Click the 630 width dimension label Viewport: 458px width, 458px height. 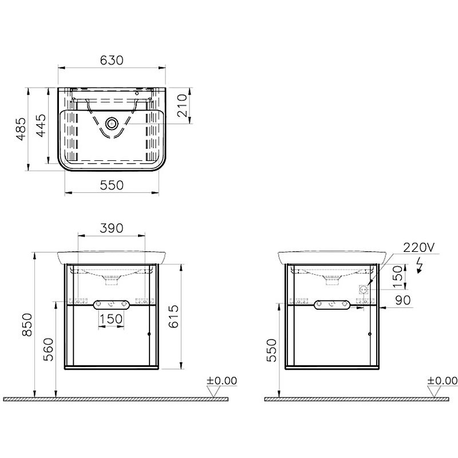coord(112,61)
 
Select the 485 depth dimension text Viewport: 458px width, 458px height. coord(21,129)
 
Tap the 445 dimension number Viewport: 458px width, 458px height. coord(41,125)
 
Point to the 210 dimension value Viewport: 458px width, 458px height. coord(181,105)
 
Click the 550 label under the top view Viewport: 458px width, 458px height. coord(112,185)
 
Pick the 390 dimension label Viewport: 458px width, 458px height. coord(112,228)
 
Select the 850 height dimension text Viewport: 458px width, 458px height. coord(27,325)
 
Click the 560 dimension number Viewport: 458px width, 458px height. coord(49,350)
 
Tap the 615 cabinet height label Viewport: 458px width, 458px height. coord(173,317)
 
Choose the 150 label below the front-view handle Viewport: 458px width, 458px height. coord(111,319)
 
